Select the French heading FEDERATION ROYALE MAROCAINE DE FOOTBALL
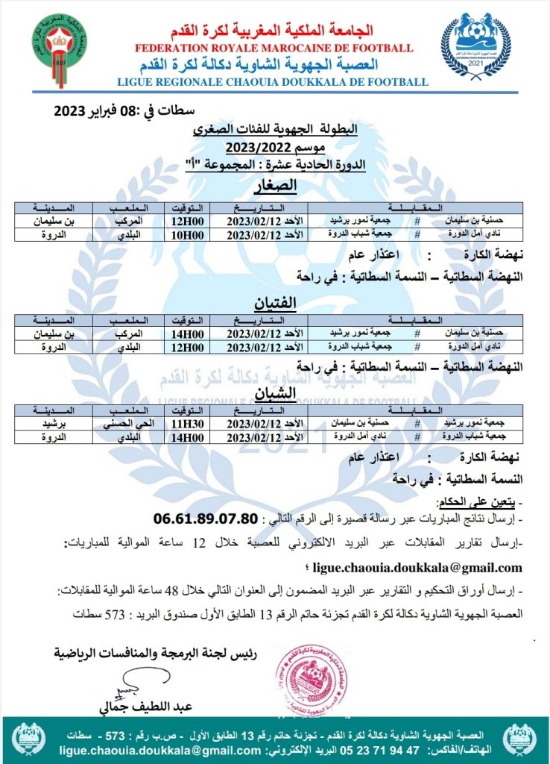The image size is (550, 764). point(274,48)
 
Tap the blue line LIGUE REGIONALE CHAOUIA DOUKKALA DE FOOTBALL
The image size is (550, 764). point(273,81)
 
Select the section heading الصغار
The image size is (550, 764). point(276,185)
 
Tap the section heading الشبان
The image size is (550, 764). point(276,392)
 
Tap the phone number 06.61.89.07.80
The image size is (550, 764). point(206,518)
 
